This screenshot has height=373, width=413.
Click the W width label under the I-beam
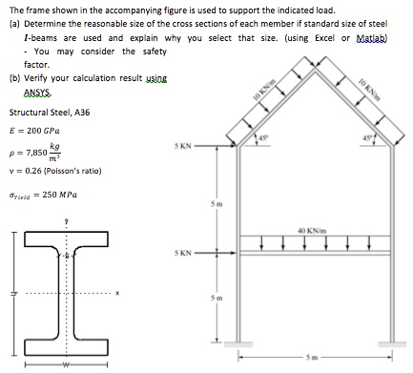click(x=66, y=362)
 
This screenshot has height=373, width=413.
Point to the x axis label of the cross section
click(x=119, y=293)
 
